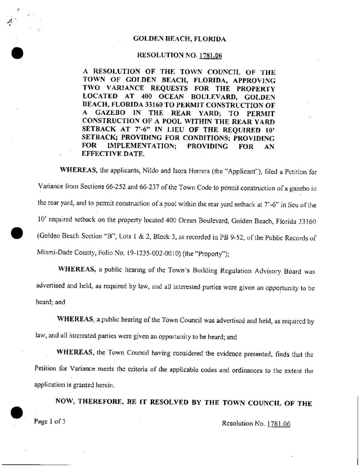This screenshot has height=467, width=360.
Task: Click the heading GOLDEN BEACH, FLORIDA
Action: click(179, 39)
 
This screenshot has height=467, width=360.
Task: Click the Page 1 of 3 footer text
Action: click(50, 421)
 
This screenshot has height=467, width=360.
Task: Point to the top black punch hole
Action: click(17, 53)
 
